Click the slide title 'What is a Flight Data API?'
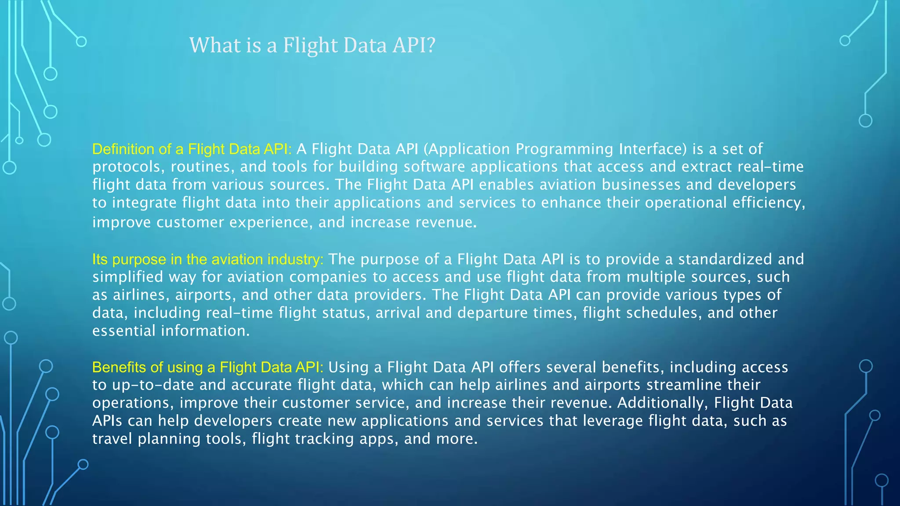[312, 45]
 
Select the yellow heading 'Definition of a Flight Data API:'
[192, 149]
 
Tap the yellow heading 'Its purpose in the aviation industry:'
[208, 259]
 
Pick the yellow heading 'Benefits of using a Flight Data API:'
[208, 367]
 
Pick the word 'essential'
[123, 331]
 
